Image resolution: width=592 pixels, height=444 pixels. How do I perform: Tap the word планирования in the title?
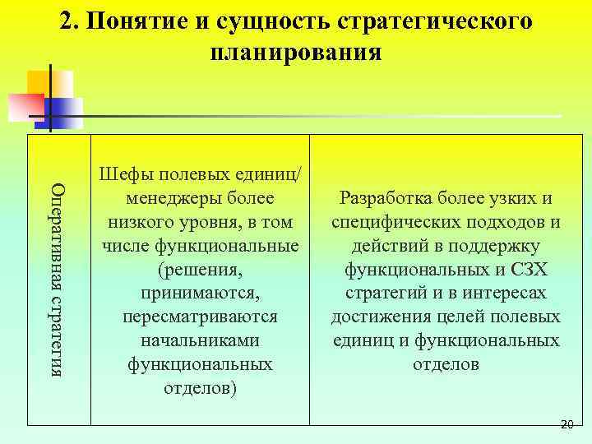click(296, 53)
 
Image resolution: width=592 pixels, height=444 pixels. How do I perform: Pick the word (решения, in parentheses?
click(201, 269)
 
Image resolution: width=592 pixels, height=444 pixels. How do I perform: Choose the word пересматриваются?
click(200, 316)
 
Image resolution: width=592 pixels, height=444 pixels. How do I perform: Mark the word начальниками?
click(200, 340)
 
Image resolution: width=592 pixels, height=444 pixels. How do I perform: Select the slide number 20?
click(566, 424)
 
